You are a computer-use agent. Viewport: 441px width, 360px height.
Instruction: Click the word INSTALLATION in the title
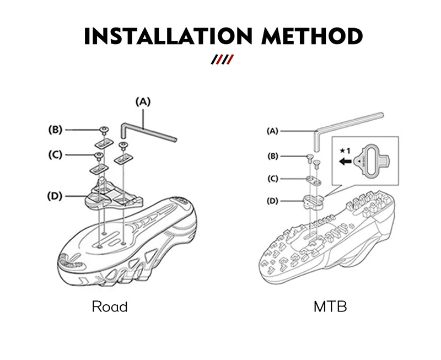[168, 37]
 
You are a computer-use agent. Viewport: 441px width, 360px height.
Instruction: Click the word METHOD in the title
[312, 37]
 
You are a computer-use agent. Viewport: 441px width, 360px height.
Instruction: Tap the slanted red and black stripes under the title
[223, 59]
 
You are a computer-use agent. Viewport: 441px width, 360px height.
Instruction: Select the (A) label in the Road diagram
[143, 101]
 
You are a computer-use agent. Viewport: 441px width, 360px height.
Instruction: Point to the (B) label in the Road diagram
[56, 130]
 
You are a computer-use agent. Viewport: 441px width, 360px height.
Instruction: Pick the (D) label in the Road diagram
[55, 196]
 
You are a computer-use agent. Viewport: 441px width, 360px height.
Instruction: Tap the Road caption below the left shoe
[109, 307]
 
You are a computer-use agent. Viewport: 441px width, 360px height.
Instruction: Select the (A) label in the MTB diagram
[272, 131]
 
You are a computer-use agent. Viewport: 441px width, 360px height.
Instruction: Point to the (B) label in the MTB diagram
[272, 156]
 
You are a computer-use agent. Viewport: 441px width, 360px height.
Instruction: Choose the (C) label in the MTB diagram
[272, 179]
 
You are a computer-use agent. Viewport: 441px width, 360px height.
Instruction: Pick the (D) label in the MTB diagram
[272, 201]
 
